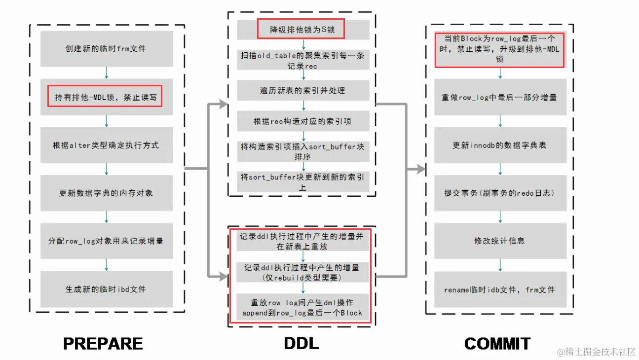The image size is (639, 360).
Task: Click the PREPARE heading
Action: pyautogui.click(x=103, y=343)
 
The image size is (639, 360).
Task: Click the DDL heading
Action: pyautogui.click(x=301, y=343)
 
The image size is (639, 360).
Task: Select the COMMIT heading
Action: pyautogui.click(x=497, y=343)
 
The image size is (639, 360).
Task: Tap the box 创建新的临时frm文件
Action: pyautogui.click(x=106, y=49)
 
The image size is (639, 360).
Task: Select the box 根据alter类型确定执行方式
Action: pyautogui.click(x=106, y=145)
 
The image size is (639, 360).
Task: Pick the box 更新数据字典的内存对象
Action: pyautogui.click(x=106, y=193)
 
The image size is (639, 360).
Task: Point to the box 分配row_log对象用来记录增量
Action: pyautogui.click(x=106, y=241)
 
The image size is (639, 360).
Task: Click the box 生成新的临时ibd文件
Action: pyautogui.click(x=106, y=289)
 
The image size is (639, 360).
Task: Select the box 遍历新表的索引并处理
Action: pyautogui.click(x=302, y=90)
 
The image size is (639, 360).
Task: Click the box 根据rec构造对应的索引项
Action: pyautogui.click(x=302, y=121)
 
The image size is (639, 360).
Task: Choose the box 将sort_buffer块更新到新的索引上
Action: pyautogui.click(x=302, y=182)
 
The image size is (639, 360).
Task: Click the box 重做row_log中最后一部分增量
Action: pyautogui.click(x=499, y=97)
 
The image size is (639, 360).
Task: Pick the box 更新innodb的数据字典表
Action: pyautogui.click(x=499, y=145)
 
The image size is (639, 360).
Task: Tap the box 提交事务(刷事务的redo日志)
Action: pyautogui.click(x=499, y=193)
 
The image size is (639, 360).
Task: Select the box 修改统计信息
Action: pyautogui.click(x=499, y=241)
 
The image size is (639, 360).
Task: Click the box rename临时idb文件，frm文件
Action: pyautogui.click(x=499, y=289)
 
